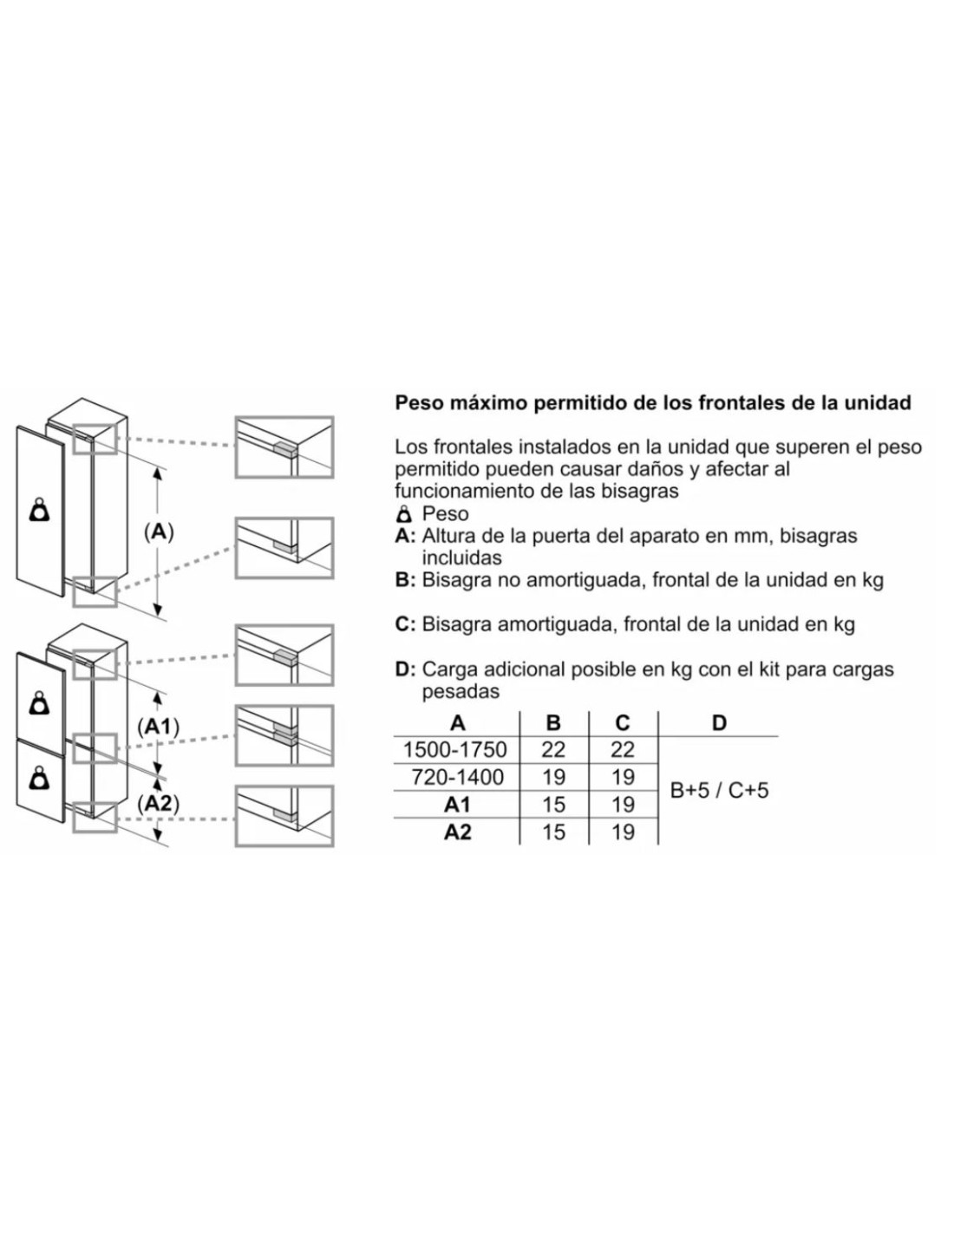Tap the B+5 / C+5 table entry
(x=719, y=791)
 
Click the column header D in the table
(x=719, y=723)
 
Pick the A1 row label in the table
(x=457, y=805)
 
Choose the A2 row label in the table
(x=457, y=832)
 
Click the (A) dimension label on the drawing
(x=159, y=532)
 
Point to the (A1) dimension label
(x=159, y=727)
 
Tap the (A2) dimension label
(x=159, y=804)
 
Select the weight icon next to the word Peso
(x=405, y=514)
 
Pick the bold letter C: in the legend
(x=406, y=624)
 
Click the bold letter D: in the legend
(x=406, y=669)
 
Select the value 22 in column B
(x=553, y=750)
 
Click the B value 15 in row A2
(x=553, y=832)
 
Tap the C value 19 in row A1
(x=623, y=805)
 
